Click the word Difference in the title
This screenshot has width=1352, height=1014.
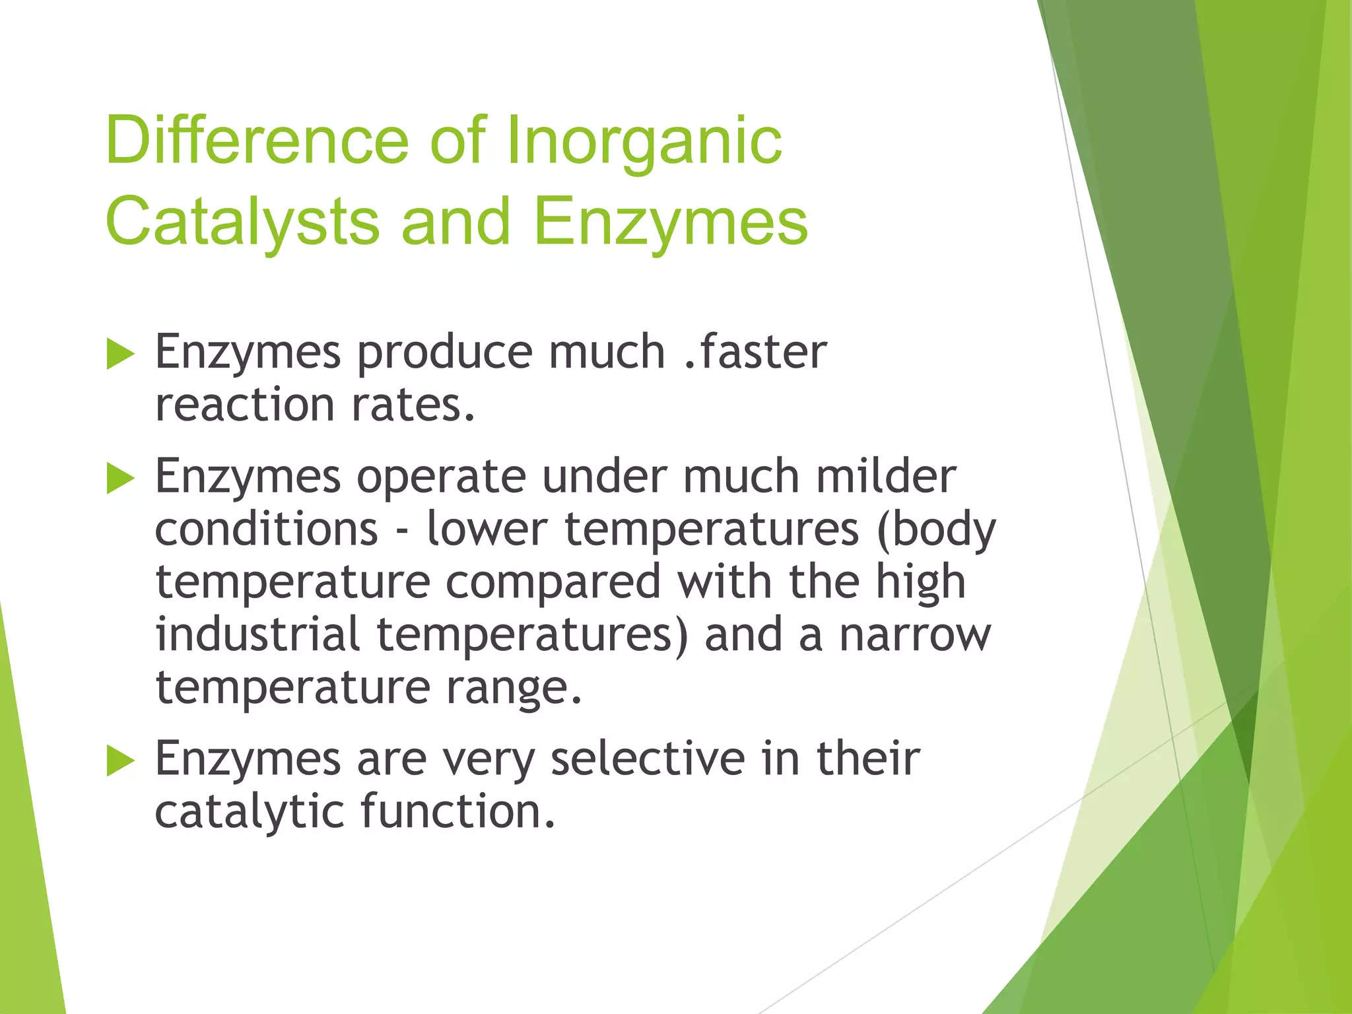tap(257, 140)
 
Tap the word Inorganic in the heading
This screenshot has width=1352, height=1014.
tap(644, 140)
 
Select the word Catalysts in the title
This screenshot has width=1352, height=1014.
tap(242, 221)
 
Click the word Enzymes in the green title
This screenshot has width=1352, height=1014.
tap(670, 221)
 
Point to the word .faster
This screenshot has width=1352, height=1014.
tap(755, 351)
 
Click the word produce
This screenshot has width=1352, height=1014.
tap(444, 353)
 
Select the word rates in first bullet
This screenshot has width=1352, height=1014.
tap(413, 405)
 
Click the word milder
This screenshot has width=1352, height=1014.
tap(885, 475)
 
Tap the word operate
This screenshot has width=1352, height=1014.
tap(441, 477)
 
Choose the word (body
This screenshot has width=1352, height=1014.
tap(936, 529)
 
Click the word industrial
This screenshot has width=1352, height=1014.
tap(257, 634)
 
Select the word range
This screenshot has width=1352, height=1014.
tap(514, 688)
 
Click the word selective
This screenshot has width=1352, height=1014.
tap(648, 758)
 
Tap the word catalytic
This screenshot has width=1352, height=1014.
tap(249, 811)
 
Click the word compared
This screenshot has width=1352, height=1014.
tap(553, 582)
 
